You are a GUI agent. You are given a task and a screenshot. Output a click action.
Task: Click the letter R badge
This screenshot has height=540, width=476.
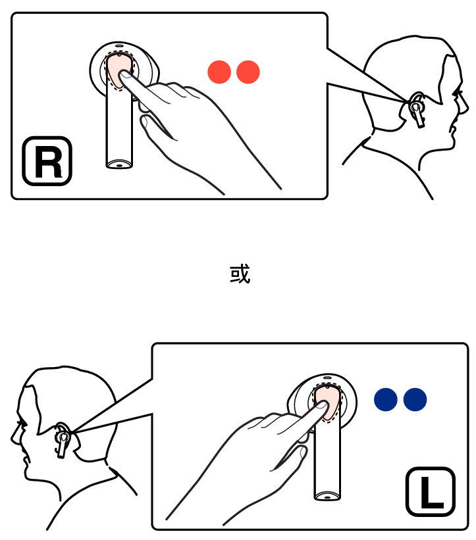(x=47, y=161)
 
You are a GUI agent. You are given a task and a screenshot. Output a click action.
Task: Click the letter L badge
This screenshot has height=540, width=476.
(x=431, y=491)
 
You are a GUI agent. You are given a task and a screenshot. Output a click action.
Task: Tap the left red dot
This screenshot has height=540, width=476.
(x=219, y=72)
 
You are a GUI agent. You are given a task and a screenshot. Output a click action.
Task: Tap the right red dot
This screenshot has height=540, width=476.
(x=248, y=72)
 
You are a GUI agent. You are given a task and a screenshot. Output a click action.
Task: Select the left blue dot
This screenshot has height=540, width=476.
(x=386, y=399)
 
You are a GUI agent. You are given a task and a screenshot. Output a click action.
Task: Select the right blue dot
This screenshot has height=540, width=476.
(x=415, y=399)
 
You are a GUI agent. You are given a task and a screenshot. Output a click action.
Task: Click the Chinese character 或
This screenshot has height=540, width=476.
(x=240, y=274)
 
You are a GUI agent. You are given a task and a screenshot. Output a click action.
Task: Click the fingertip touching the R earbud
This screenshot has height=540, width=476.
(x=124, y=75)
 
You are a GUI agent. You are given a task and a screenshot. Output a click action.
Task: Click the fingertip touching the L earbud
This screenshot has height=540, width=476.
(x=321, y=405)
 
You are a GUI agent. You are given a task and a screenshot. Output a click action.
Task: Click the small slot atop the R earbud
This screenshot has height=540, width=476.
(x=119, y=45)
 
